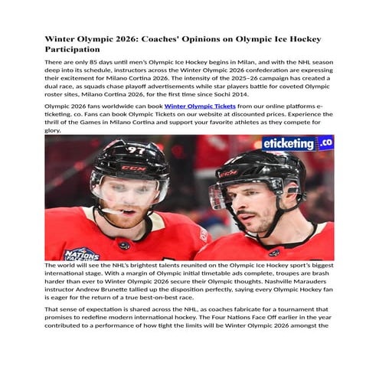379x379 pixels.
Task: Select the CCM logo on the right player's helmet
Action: [x=229, y=173]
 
